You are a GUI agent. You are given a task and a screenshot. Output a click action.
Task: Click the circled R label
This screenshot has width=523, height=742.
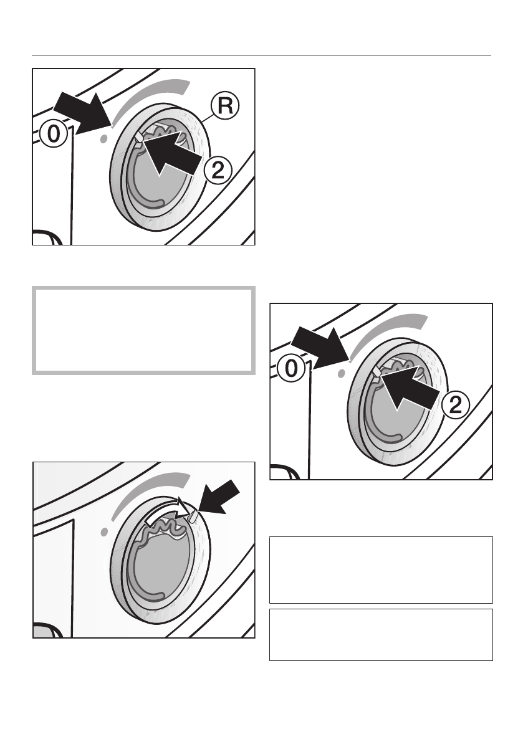point(226,107)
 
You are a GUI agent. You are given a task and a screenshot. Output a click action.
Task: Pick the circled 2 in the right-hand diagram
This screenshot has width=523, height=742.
point(456,405)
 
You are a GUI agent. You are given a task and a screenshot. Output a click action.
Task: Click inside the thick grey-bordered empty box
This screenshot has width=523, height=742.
point(143,330)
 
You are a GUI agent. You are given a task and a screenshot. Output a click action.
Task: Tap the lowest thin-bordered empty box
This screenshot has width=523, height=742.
point(380,634)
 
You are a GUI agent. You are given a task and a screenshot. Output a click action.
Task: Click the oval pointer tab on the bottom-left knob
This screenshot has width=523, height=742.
point(193,516)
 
